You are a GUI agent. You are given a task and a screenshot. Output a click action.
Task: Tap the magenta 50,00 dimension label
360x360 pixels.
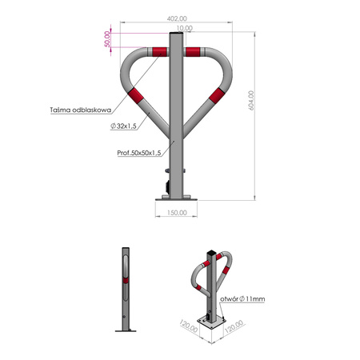pyautogui.click(x=106, y=40)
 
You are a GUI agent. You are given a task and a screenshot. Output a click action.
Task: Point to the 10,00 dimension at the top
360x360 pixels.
pyautogui.click(x=185, y=28)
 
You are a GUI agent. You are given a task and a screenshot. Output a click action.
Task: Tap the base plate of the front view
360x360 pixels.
pyautogui.click(x=176, y=196)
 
